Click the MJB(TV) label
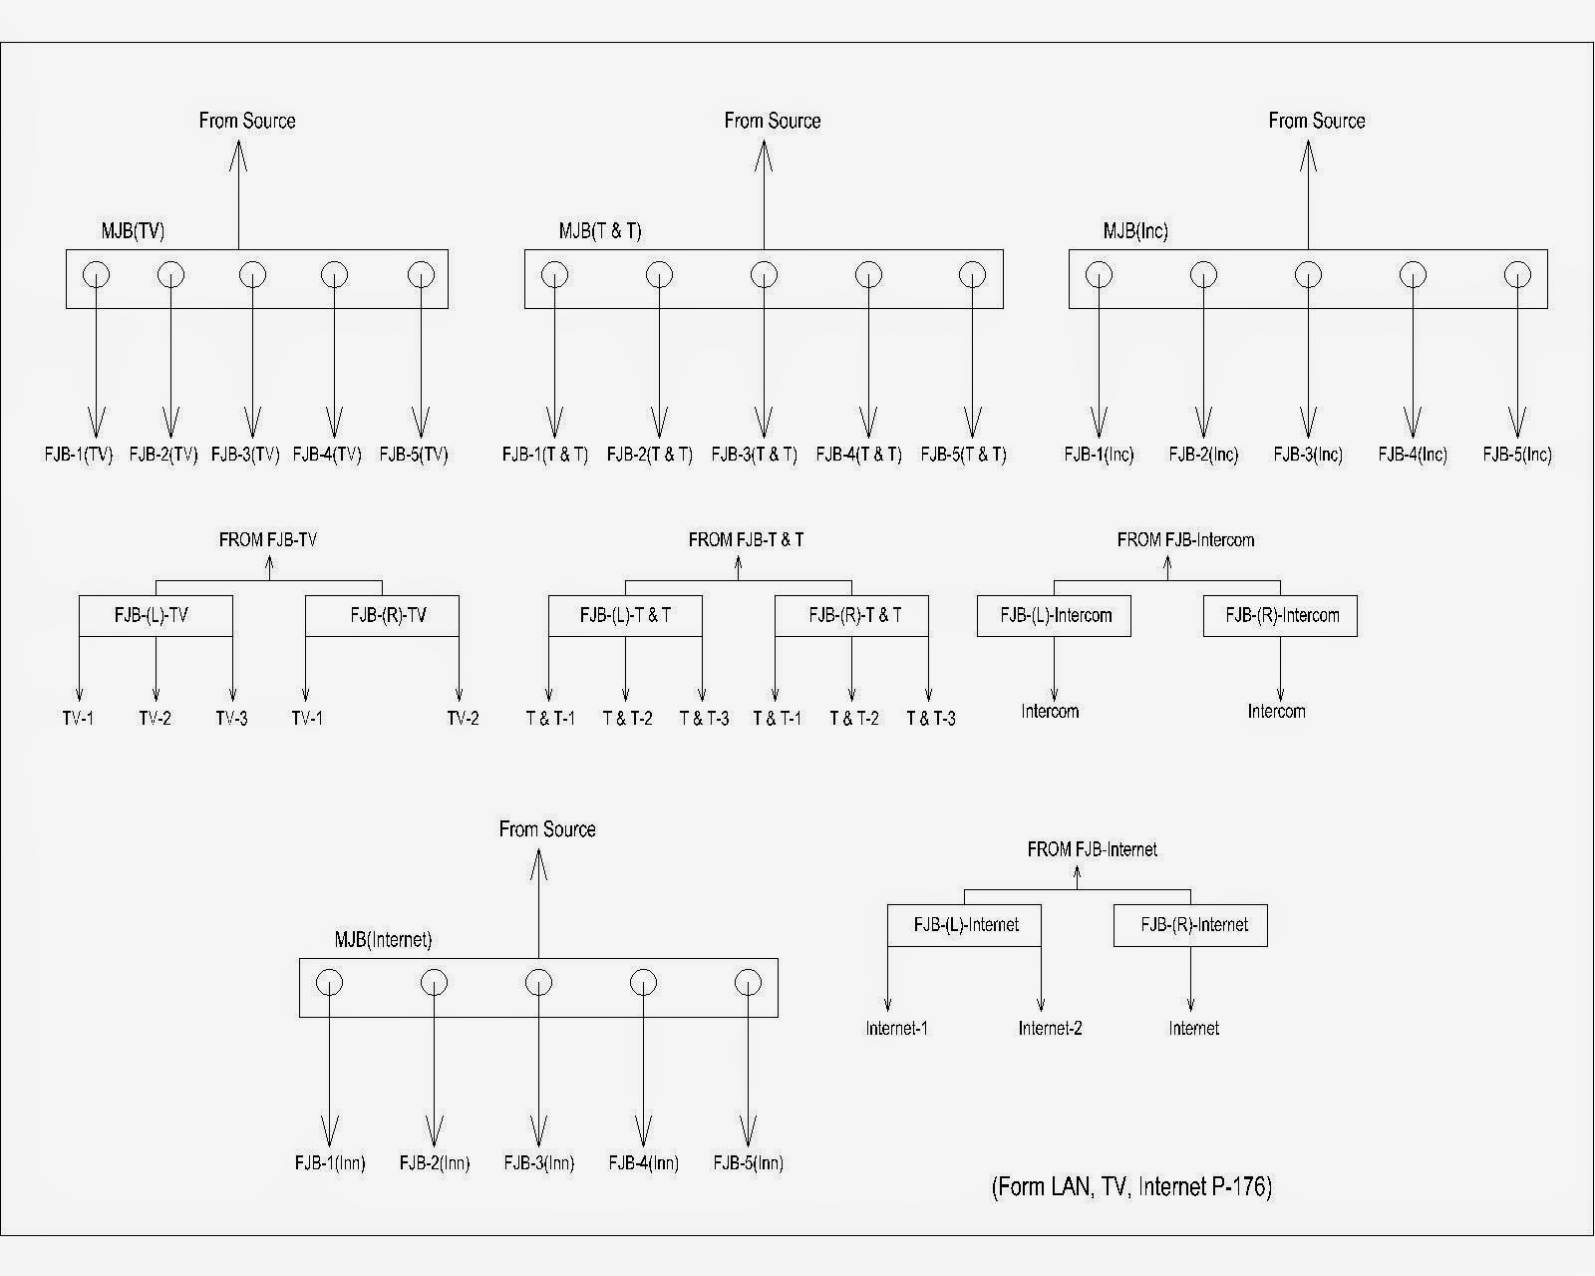click(133, 231)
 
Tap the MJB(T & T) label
click(599, 231)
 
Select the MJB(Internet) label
click(383, 940)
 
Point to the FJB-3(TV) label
click(245, 455)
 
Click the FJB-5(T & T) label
click(964, 455)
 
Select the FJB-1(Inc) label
click(1100, 455)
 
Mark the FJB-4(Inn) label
click(643, 1162)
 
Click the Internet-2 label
click(1050, 1029)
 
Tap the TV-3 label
click(231, 719)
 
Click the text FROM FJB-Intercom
click(1186, 539)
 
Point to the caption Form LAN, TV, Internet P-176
click(1131, 1186)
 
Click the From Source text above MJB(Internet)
click(547, 829)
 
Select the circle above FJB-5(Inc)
click(1517, 275)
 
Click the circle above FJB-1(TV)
click(96, 275)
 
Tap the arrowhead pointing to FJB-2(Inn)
click(434, 1131)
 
